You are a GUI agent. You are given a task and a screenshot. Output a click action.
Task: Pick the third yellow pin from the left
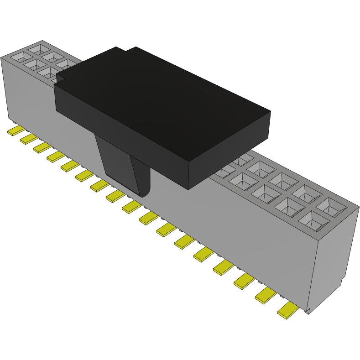(x=42, y=147)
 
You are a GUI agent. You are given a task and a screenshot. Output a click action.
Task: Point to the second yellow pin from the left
(x=29, y=139)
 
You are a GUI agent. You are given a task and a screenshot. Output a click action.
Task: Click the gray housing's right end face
(x=333, y=265)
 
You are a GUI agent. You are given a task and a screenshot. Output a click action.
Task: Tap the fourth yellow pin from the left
(x=56, y=157)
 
